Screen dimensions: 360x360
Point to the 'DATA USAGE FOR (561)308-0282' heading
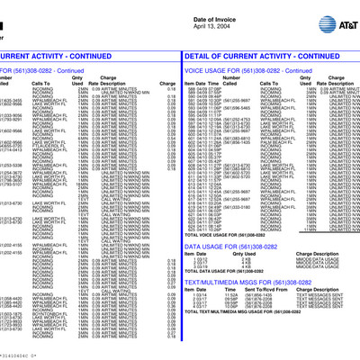229,246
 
